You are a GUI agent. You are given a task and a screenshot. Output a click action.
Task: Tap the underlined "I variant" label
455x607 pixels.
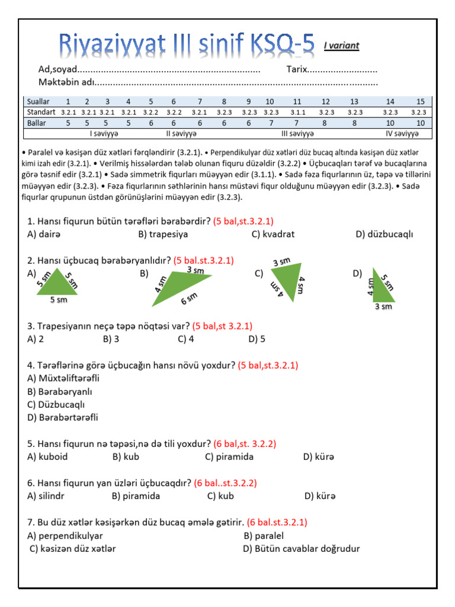pos(341,45)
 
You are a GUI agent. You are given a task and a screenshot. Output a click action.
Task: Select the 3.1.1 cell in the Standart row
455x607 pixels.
pos(297,112)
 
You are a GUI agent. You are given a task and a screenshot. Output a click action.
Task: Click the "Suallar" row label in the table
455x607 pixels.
pos(39,101)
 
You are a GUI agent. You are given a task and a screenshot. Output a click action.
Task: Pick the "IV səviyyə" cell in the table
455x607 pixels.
pos(402,134)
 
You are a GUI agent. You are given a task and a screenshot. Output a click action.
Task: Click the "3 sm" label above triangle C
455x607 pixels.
pos(281,262)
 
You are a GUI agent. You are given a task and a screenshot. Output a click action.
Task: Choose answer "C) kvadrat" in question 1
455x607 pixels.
pos(273,234)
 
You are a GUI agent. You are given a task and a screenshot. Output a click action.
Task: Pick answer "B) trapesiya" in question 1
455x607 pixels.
pos(163,234)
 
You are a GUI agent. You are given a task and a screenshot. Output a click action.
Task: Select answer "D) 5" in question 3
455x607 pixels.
pos(257,339)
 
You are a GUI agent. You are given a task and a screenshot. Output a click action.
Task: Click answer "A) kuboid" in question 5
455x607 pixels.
pos(47,456)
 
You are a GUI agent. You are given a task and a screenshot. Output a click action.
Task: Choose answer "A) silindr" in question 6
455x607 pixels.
pos(46,496)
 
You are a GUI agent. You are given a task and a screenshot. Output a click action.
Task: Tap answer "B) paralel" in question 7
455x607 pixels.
pos(263,536)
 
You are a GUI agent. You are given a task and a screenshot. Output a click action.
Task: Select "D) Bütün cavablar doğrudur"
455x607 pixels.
pos(301,549)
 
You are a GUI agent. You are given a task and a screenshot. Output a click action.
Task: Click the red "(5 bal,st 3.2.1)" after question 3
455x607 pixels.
pos(222,326)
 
